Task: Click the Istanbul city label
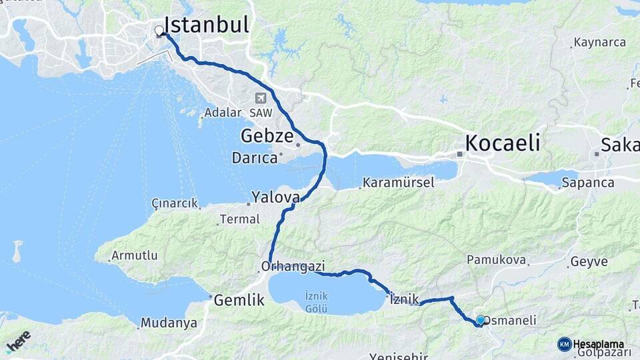pyautogui.click(x=206, y=25)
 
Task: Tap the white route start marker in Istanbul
pyautogui.click(x=159, y=31)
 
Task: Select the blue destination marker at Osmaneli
pyautogui.click(x=481, y=320)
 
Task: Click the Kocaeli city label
pyautogui.click(x=502, y=143)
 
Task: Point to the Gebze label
pyautogui.click(x=267, y=137)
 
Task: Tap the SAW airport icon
pyautogui.click(x=259, y=98)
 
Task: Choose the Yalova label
pyautogui.click(x=275, y=197)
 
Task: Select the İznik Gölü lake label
pyautogui.click(x=315, y=302)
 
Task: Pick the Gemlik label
pyautogui.click(x=239, y=301)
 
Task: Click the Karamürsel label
pyautogui.click(x=399, y=183)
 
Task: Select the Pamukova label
pyautogui.click(x=497, y=260)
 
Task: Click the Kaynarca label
pyautogui.click(x=602, y=43)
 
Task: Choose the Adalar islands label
pyautogui.click(x=223, y=112)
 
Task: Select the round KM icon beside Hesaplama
pyautogui.click(x=565, y=344)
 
